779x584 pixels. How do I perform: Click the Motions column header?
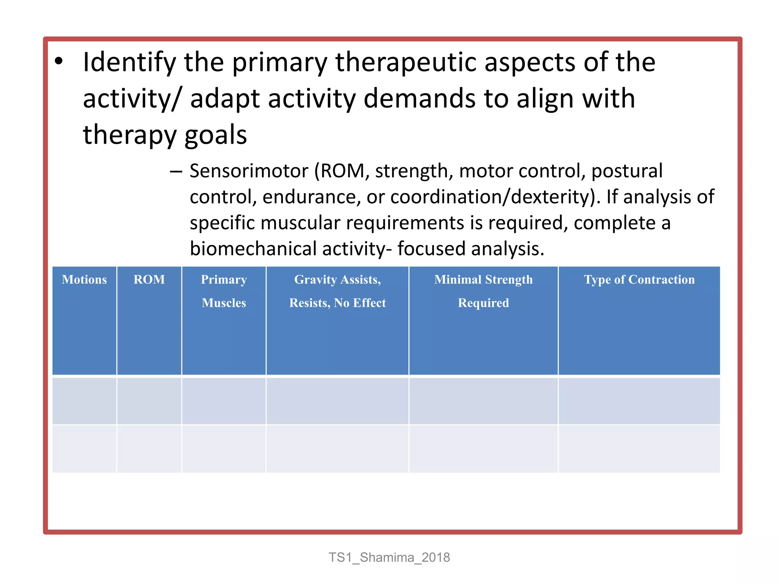pos(84,280)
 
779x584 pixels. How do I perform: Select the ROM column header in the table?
pos(149,280)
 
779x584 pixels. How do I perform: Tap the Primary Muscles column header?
pos(224,291)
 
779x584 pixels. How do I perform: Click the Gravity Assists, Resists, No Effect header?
pos(337,291)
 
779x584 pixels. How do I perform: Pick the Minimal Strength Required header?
pos(483,291)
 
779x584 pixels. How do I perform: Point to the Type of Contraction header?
pos(639,280)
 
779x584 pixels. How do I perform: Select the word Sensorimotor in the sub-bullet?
pos(249,171)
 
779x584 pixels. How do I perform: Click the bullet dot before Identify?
pos(58,62)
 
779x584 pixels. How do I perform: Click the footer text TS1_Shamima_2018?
pos(389,557)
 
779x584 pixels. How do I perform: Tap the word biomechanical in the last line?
pos(253,249)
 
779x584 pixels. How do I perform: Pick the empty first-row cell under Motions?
pos(84,401)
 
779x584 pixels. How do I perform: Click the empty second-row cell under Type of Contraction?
pos(639,449)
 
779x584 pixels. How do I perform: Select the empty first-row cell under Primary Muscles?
pos(224,401)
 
